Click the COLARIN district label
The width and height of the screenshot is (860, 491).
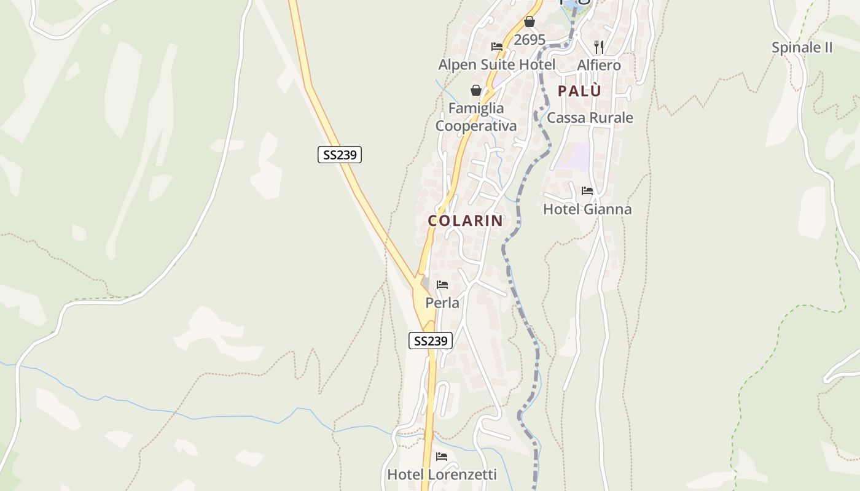point(465,221)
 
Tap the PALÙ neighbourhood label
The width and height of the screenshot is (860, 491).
point(579,91)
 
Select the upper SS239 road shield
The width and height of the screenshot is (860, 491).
point(340,155)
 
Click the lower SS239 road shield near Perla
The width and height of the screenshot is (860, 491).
point(431,341)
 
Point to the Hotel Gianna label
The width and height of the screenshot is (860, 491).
point(587,209)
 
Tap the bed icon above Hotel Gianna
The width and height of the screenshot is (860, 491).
point(587,191)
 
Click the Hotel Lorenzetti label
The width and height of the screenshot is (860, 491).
point(442,474)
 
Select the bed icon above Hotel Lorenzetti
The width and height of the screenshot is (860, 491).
point(442,457)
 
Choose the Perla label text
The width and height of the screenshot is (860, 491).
point(442,303)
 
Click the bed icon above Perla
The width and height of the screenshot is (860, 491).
point(442,285)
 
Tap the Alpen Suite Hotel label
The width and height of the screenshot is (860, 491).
point(496,64)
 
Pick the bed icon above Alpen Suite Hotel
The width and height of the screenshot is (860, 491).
point(497,47)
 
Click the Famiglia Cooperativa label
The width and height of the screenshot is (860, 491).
point(476,117)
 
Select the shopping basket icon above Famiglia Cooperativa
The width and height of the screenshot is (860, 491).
point(476,90)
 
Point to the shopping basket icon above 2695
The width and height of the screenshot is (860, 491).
point(530,22)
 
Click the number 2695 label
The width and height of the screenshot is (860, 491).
point(530,40)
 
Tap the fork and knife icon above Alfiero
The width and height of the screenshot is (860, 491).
point(599,47)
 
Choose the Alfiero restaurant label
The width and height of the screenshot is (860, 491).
point(599,64)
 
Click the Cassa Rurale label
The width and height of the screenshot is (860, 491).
point(590,118)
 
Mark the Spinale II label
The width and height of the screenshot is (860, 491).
point(802,47)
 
